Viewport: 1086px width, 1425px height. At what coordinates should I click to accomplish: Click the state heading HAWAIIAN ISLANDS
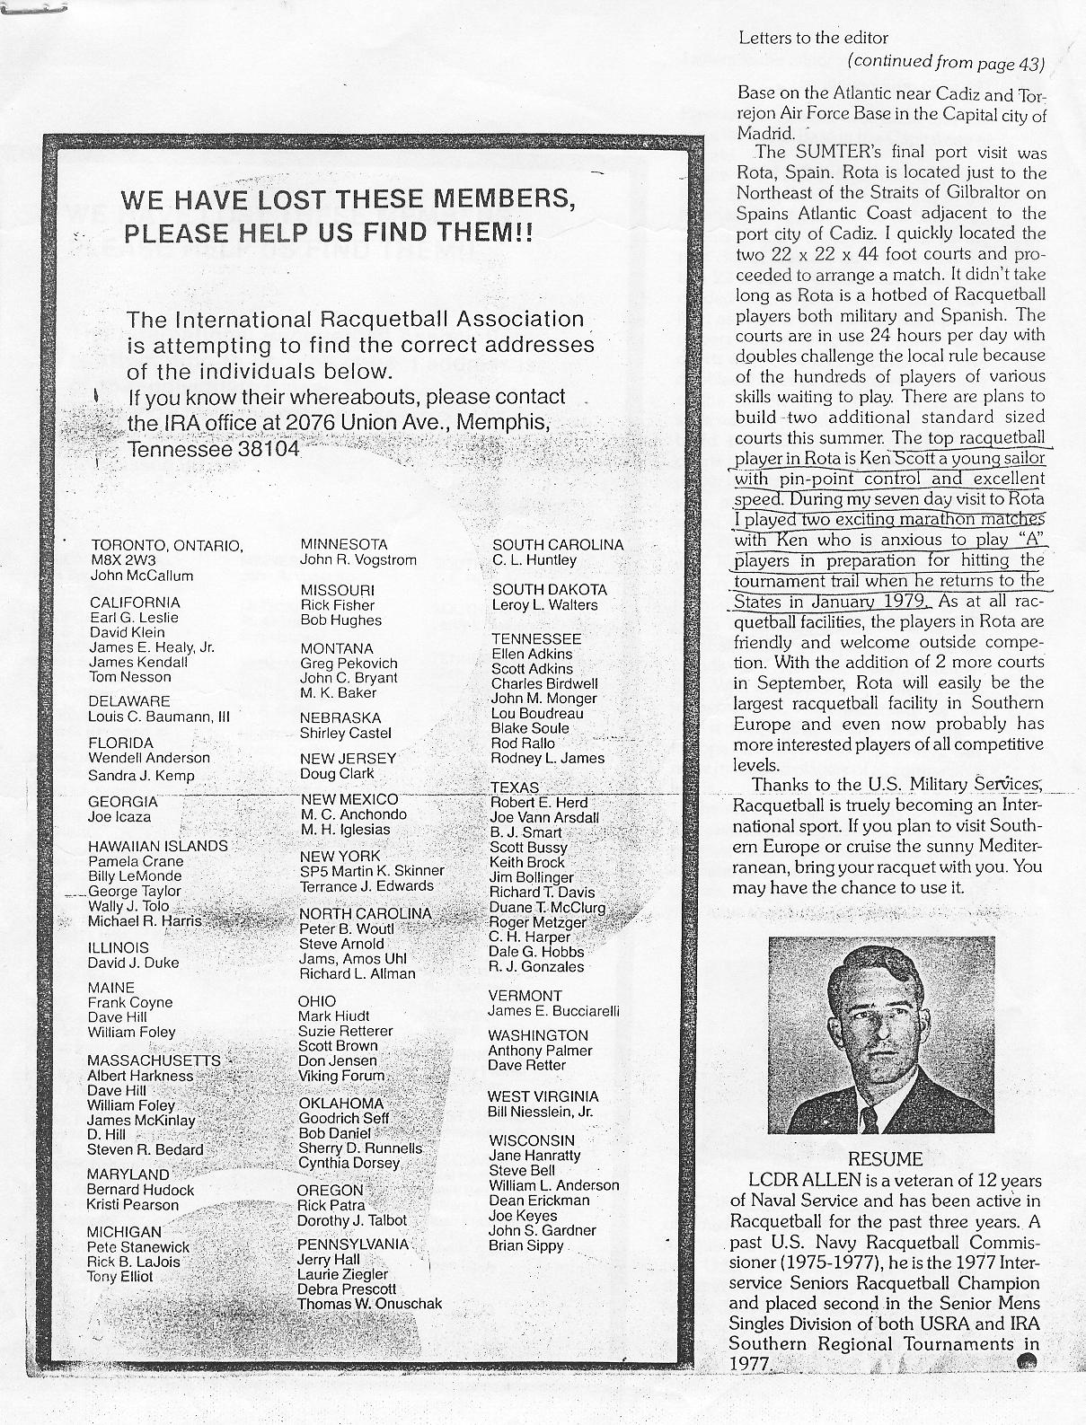coord(157,846)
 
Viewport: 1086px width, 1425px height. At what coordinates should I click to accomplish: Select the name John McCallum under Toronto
coord(142,576)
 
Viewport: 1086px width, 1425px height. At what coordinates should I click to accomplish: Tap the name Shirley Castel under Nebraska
coord(346,734)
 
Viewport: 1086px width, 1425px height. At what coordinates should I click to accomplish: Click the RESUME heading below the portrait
coord(885,1159)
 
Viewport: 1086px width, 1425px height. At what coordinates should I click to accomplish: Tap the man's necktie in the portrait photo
coord(870,1119)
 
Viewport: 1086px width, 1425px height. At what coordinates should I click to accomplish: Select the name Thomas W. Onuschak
coord(370,1304)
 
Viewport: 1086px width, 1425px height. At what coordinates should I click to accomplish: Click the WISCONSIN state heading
coord(531,1140)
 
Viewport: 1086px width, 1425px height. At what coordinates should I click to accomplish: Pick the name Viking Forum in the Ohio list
coord(341,1076)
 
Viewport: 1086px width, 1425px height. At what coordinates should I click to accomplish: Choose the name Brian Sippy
coord(526,1245)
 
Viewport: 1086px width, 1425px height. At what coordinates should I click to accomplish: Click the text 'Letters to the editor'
coord(813,38)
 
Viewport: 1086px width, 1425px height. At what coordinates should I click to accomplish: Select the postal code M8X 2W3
coord(124,560)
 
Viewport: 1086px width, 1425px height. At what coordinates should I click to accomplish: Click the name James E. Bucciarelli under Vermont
coord(554,1011)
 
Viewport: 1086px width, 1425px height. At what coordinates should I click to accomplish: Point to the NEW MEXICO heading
coord(349,799)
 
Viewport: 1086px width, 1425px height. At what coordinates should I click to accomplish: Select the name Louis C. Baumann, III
coord(159,717)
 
